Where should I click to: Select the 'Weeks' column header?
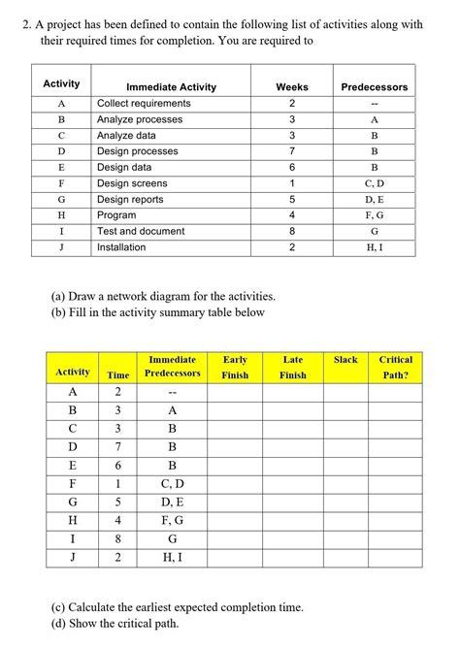(x=291, y=87)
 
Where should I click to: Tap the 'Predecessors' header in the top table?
(x=374, y=87)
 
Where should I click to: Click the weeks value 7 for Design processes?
(x=291, y=151)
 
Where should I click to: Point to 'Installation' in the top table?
(x=121, y=247)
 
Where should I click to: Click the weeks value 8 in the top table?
(x=291, y=232)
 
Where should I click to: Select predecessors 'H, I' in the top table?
(x=374, y=247)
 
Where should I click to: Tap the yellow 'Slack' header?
(x=345, y=360)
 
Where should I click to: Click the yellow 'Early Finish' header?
(x=235, y=367)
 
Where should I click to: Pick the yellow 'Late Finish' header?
(x=292, y=367)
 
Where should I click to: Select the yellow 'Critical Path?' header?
(x=395, y=367)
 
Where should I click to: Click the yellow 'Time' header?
(x=117, y=374)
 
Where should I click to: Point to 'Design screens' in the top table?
(x=132, y=183)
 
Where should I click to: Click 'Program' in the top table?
(x=116, y=215)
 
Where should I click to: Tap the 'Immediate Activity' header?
(x=171, y=87)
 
